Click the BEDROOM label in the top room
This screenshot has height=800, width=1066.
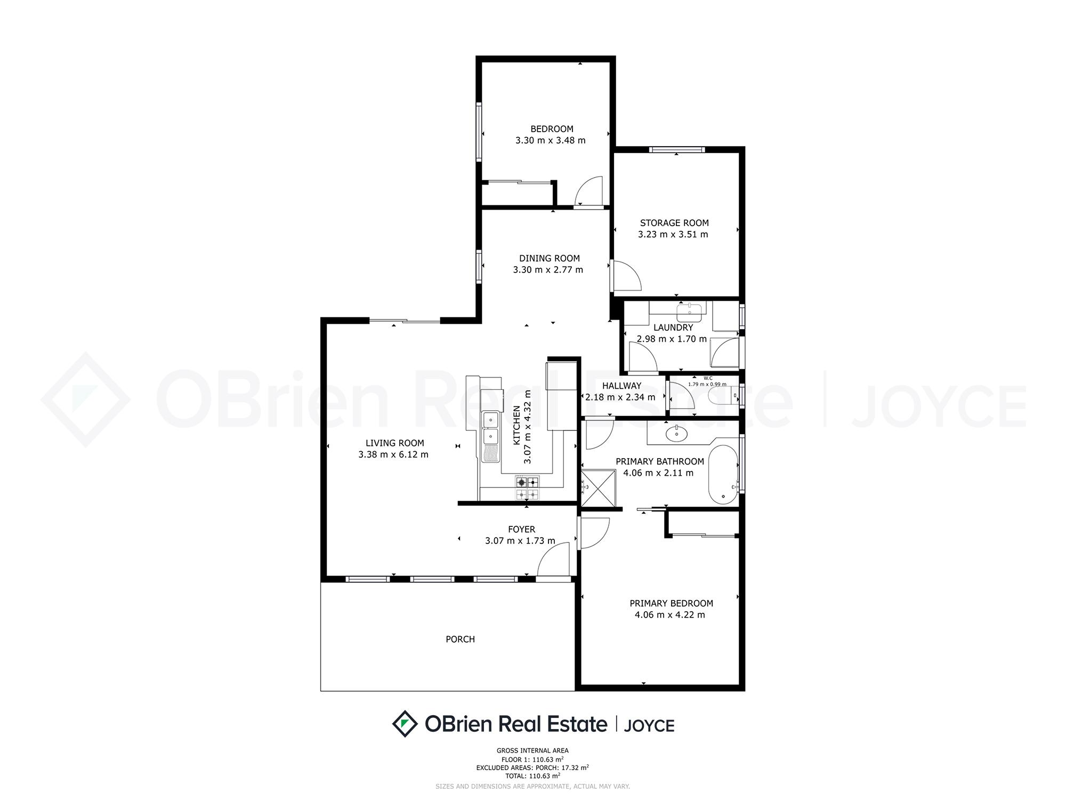[552, 129]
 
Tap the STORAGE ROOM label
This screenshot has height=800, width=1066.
[674, 223]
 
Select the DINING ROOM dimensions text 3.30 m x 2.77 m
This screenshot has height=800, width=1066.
[548, 270]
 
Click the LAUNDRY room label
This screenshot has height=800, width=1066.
[673, 327]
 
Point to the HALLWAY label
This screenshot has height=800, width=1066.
[621, 386]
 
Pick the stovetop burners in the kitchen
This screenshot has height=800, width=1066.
[527, 488]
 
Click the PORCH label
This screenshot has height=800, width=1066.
[460, 639]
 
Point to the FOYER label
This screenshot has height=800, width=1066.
[521, 530]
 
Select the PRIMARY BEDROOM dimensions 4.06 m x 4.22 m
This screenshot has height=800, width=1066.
[669, 615]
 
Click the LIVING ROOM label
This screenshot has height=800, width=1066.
[395, 443]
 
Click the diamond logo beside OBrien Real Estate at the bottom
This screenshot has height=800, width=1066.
[405, 724]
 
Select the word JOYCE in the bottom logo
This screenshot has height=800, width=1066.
[649, 726]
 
